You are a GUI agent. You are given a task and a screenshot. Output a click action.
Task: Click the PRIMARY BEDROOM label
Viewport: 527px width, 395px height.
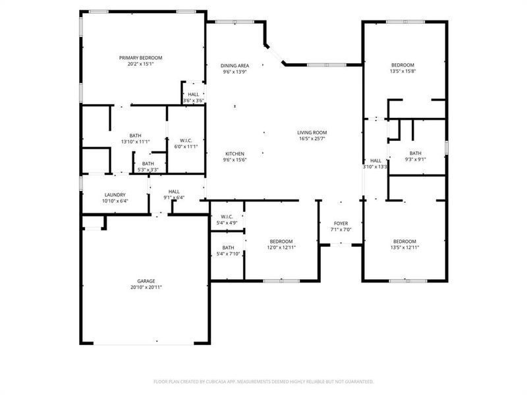(140, 58)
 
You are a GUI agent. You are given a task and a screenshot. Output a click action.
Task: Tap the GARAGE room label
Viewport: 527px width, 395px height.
(146, 281)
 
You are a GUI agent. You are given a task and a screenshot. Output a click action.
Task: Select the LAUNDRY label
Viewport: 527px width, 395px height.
(115, 195)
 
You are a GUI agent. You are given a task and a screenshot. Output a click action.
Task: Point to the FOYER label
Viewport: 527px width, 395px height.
(341, 223)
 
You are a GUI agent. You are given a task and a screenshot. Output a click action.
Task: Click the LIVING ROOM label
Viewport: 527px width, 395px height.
(312, 132)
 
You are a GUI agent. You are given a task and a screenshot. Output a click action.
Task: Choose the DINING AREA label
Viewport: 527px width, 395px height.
(235, 65)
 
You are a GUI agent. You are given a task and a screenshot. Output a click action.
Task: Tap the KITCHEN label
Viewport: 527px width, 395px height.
(235, 153)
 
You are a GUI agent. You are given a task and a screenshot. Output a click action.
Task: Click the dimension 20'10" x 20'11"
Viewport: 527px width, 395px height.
(146, 288)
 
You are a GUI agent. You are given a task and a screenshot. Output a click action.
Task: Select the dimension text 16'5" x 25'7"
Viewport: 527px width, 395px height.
(312, 139)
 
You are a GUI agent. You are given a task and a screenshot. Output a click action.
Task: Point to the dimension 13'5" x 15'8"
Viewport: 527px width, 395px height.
(403, 71)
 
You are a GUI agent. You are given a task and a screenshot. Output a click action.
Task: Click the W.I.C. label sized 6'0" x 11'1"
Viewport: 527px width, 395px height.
(186, 140)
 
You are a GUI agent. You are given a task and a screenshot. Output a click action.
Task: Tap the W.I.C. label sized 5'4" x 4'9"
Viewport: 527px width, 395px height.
(227, 217)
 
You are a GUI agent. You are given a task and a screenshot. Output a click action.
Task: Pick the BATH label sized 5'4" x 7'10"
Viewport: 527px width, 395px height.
(228, 248)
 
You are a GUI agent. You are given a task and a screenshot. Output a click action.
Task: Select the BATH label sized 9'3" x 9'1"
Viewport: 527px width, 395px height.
(415, 153)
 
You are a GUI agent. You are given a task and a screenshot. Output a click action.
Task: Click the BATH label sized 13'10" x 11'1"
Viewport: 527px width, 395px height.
(136, 135)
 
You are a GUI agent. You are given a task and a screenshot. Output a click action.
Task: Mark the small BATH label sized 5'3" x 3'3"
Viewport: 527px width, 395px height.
(148, 163)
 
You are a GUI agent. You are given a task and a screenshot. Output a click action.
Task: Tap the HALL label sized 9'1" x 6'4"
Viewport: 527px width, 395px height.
(174, 192)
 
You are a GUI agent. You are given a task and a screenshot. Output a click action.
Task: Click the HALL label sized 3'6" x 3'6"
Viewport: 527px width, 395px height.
(193, 95)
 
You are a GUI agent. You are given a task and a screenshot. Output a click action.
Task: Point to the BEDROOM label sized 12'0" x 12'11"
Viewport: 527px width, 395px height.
(281, 242)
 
